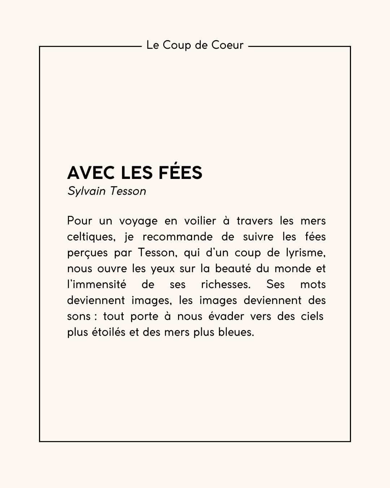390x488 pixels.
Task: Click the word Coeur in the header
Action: (x=227, y=46)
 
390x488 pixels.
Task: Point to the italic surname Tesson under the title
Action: (x=128, y=191)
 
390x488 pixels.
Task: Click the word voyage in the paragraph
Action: (x=138, y=221)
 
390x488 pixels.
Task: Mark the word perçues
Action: (x=87, y=253)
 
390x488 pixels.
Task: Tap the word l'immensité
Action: (x=96, y=284)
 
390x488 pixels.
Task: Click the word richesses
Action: (x=225, y=284)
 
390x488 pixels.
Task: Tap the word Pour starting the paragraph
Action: (x=80, y=221)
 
